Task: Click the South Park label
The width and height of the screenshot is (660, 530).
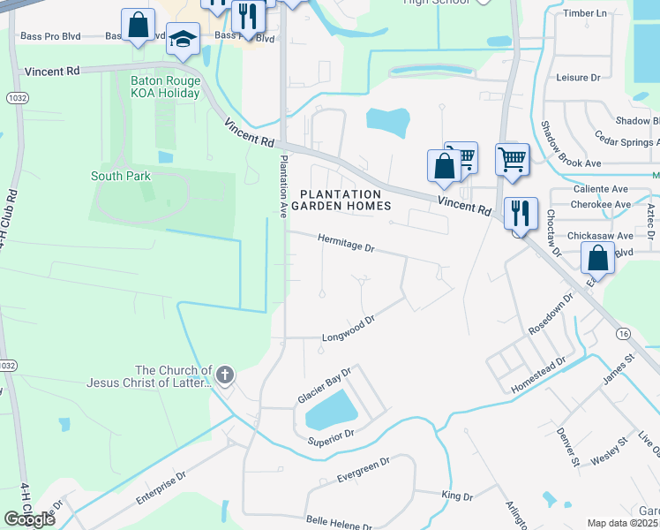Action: pos(121,176)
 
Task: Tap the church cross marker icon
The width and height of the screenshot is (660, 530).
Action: pos(225,375)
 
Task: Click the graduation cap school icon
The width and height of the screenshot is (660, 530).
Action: pos(184,39)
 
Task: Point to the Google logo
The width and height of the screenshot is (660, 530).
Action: pos(30,519)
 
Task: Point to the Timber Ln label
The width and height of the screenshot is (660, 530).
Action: pos(585,13)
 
